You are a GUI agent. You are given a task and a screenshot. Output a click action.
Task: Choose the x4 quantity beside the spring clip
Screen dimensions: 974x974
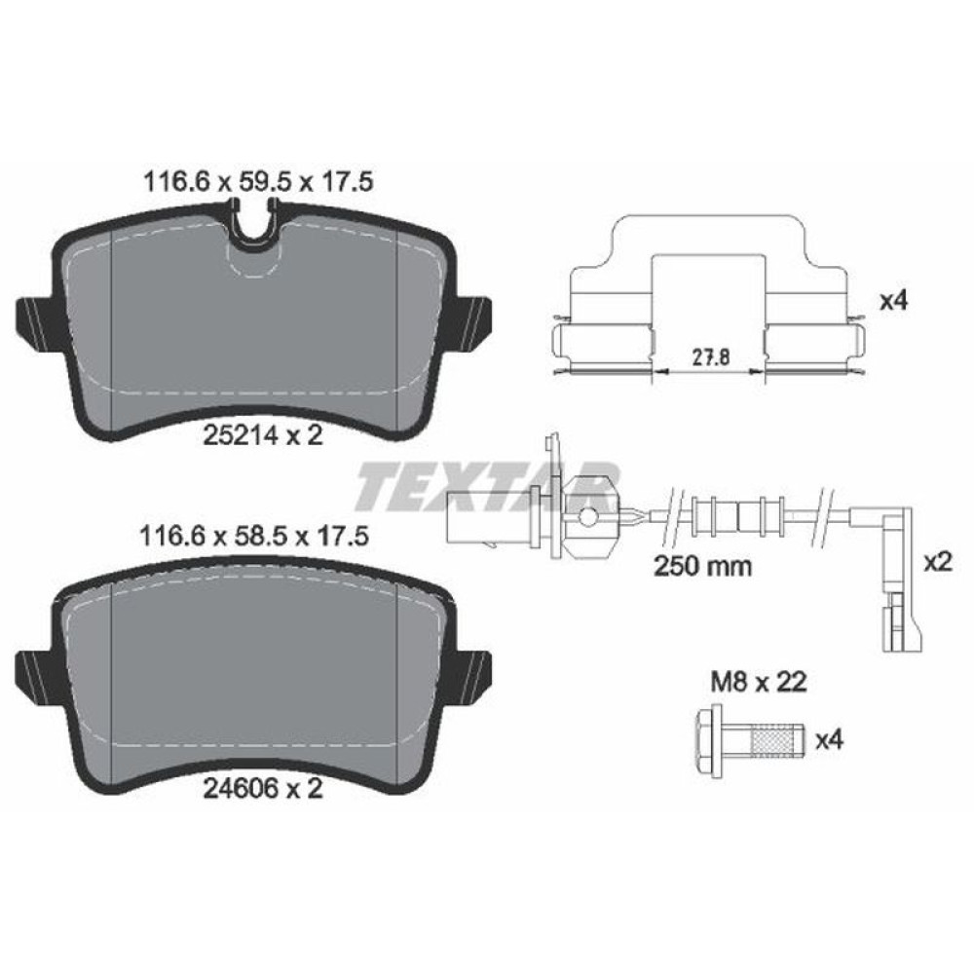coord(892,303)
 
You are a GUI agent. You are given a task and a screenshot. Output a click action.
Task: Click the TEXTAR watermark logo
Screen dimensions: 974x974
coord(487,487)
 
